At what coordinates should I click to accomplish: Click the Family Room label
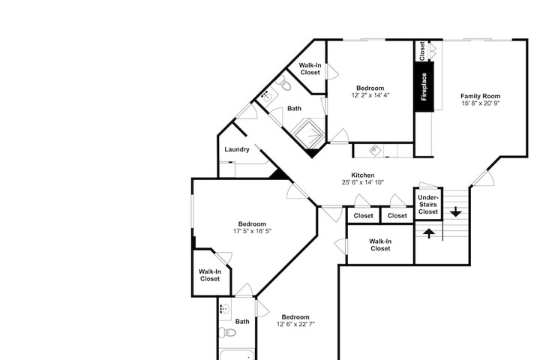480,96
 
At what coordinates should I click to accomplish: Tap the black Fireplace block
424,87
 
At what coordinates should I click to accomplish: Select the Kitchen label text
363,175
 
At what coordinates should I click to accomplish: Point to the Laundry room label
237,149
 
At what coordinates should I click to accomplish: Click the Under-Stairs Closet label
428,205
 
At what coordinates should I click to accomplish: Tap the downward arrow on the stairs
456,211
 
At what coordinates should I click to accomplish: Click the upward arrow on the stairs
429,233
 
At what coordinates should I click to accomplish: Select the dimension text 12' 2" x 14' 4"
370,95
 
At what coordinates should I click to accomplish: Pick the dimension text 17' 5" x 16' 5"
252,231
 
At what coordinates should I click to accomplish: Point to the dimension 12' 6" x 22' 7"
295,324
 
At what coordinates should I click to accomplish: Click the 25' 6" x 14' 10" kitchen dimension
363,182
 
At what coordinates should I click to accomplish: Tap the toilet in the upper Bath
284,82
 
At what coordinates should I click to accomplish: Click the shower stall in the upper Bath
308,134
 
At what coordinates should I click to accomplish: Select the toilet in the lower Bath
228,332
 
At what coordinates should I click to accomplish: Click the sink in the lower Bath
225,309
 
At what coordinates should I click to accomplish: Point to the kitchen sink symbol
374,150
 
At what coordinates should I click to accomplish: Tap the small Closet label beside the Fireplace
422,51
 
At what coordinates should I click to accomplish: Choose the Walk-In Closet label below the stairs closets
380,245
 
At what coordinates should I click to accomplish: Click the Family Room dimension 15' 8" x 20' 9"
480,103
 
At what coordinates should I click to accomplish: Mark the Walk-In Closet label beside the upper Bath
310,68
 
